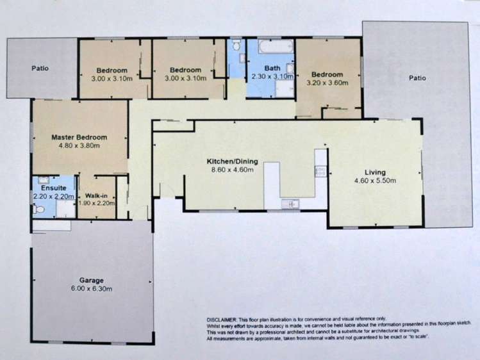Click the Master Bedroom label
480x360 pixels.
(79, 137)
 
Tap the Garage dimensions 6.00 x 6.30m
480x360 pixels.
(92, 289)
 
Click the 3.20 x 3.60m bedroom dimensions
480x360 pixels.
(327, 83)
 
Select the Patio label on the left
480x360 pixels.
(40, 68)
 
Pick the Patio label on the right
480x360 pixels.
(417, 78)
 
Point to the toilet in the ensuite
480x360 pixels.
(38, 209)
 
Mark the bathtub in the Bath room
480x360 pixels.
(270, 48)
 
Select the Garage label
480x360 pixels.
(92, 280)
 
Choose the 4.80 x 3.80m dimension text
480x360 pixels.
(79, 146)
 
